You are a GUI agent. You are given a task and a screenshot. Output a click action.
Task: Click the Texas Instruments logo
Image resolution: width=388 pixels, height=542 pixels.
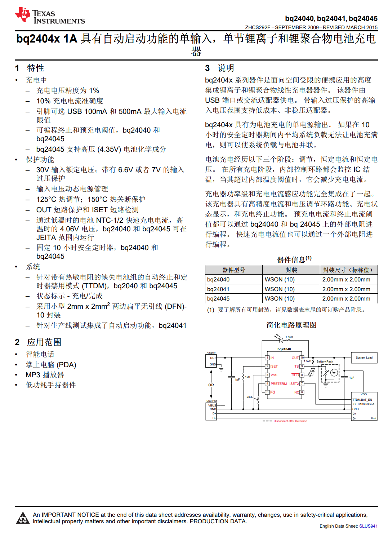tap(49, 16)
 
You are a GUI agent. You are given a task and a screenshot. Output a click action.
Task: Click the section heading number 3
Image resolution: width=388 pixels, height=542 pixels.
tap(207, 68)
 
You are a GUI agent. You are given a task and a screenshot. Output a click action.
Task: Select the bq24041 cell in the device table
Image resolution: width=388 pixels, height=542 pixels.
tap(218, 289)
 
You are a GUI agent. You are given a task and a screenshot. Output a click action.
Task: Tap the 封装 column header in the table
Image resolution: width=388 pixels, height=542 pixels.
tap(291, 270)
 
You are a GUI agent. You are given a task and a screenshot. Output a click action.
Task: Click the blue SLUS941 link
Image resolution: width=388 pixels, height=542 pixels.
tap(368, 526)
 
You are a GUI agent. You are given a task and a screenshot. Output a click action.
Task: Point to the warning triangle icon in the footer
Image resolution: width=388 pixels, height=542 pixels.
tap(23, 518)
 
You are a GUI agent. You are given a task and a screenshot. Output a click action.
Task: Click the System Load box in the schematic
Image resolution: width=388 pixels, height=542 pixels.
tap(364, 357)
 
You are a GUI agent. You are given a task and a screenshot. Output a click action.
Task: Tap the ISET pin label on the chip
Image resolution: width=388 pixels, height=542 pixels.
tap(274, 366)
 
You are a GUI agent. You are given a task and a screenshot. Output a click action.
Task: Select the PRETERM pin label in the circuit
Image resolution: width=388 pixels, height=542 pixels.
tap(278, 384)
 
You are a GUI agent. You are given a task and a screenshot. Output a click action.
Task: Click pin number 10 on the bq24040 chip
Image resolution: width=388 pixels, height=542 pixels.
tap(302, 357)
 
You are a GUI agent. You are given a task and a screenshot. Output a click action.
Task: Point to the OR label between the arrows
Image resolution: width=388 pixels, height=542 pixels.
tap(211, 385)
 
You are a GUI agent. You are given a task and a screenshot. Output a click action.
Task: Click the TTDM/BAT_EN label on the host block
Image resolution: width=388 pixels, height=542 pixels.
tap(362, 400)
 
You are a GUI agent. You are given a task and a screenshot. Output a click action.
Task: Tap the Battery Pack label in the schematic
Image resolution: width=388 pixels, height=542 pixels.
tap(325, 361)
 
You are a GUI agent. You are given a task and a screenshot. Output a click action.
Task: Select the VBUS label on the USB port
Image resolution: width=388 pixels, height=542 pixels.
tap(212, 405)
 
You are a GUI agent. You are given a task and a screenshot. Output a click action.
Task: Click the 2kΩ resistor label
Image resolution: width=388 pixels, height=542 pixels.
tap(249, 397)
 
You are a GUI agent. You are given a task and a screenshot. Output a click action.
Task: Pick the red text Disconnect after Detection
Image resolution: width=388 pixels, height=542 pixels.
tap(290, 421)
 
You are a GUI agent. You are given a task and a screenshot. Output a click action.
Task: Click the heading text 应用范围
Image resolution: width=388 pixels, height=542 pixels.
tap(44, 342)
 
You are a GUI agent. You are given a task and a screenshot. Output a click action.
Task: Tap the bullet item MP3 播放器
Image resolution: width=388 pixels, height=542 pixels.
tap(45, 375)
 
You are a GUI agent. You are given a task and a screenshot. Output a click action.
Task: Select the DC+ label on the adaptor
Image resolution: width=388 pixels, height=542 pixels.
tap(213, 358)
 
